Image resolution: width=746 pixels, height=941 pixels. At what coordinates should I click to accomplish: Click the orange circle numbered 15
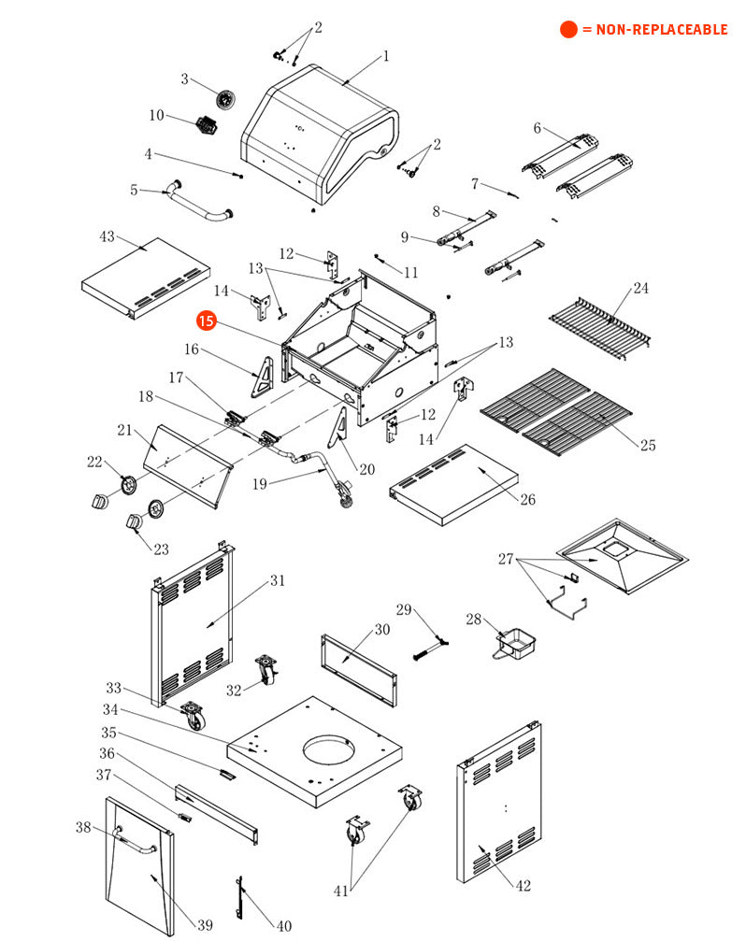[206, 321]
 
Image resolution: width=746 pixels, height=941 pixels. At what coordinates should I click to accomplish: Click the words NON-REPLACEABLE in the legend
[654, 30]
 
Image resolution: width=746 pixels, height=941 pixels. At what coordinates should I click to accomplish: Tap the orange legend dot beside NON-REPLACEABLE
[568, 30]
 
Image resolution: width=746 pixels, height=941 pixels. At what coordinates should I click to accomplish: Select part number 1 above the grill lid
[386, 56]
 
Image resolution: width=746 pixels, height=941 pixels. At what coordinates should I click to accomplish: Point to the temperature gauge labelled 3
[224, 98]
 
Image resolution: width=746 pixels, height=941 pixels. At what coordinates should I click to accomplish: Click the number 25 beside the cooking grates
[648, 445]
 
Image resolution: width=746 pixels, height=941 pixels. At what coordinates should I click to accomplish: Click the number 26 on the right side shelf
[528, 500]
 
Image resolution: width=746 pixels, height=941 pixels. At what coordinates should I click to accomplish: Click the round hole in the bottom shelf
[328, 750]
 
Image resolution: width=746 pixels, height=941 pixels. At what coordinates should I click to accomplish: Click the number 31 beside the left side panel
[278, 580]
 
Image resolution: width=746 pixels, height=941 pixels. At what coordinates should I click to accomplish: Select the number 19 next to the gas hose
[260, 484]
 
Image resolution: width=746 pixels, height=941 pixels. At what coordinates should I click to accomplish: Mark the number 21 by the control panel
[124, 430]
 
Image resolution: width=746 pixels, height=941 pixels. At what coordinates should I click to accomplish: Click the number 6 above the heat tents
[538, 128]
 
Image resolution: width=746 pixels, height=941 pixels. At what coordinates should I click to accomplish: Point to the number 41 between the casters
[340, 891]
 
